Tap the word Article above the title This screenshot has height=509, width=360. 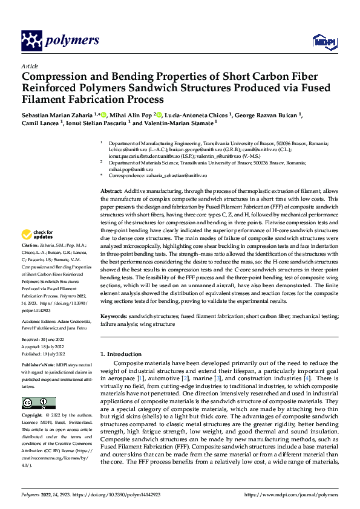pyautogui.click(x=30, y=66)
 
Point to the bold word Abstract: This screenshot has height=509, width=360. pyautogui.click(x=111, y=191)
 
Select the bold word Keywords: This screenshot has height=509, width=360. pyautogui.click(x=113, y=316)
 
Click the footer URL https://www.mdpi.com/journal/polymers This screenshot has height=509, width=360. pyautogui.click(x=292, y=494)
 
